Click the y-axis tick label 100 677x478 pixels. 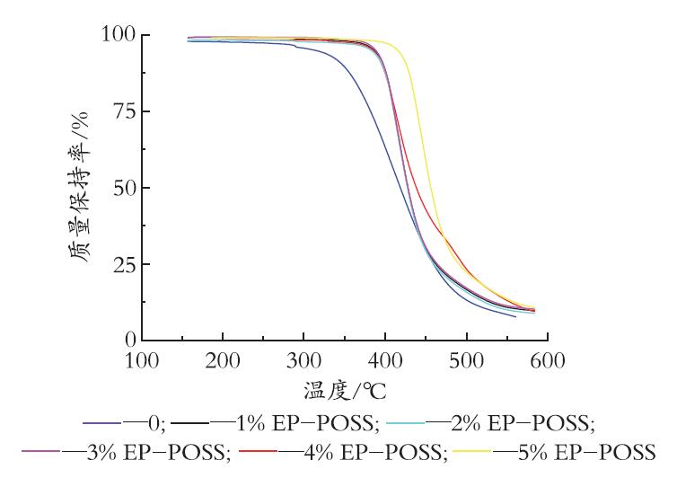click(119, 34)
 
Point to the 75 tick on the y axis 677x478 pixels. click(124, 111)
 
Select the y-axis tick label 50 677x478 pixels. click(124, 188)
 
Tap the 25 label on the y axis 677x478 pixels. click(124, 264)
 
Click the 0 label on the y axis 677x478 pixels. click(131, 341)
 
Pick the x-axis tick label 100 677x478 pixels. click(142, 360)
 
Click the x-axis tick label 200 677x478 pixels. click(223, 360)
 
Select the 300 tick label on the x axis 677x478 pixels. click(303, 360)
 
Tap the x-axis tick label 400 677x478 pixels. click(385, 360)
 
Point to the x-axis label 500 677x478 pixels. click(466, 360)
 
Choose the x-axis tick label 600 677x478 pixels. click(548, 360)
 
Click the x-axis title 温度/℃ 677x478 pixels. click(345, 391)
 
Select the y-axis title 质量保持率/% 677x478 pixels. click(79, 187)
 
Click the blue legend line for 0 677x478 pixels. click(101, 423)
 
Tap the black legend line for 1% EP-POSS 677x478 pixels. click(190, 423)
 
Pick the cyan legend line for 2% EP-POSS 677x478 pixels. click(406, 423)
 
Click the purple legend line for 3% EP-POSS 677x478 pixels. click(41, 451)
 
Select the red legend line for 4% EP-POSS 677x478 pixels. click(258, 451)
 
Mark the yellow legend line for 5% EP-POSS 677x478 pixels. click(472, 451)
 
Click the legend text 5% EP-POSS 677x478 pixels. click(586, 452)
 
